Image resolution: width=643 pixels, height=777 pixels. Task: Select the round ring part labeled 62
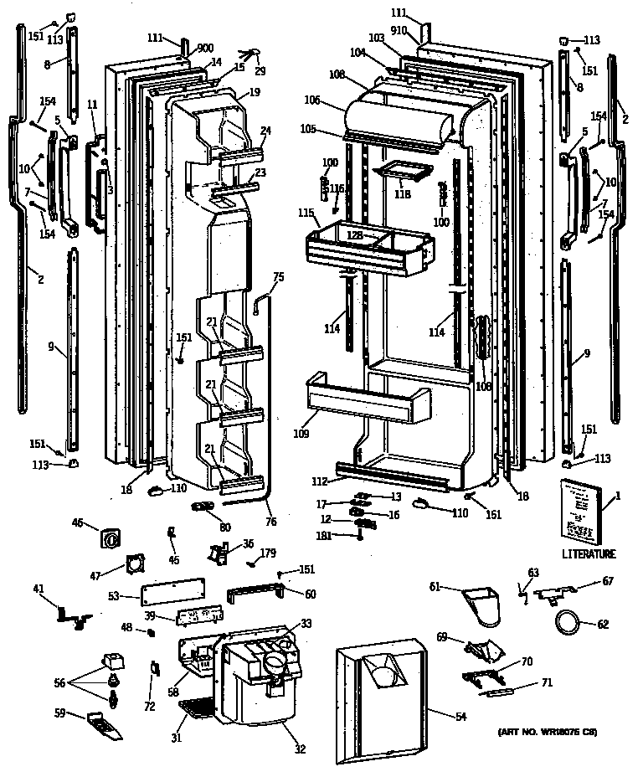(568, 623)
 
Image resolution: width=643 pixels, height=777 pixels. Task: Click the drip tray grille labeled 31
(198, 711)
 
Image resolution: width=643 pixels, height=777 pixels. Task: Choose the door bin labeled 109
(368, 398)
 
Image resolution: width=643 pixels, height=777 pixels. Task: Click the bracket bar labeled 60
(255, 594)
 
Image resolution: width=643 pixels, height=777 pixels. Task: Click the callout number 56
(59, 682)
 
